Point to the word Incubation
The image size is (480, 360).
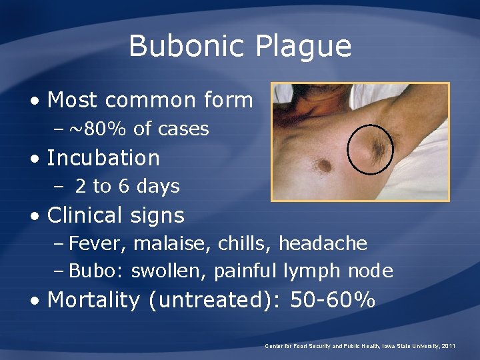coord(103,158)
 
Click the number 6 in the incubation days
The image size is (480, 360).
coord(124,187)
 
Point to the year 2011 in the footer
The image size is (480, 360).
coord(448,346)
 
